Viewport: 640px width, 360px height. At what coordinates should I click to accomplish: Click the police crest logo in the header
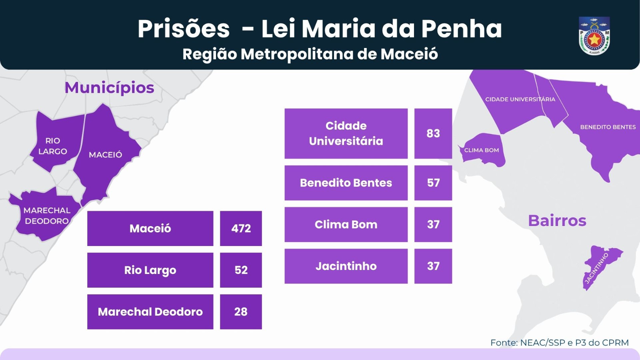(594, 36)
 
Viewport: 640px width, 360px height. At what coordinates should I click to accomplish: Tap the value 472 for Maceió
(241, 228)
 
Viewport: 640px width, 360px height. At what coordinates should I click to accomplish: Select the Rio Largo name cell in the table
(150, 270)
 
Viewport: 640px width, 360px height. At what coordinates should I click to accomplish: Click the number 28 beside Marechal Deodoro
(241, 312)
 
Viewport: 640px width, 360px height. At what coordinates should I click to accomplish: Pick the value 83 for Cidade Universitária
(433, 133)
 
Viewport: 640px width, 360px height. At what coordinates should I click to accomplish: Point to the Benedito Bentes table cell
(346, 183)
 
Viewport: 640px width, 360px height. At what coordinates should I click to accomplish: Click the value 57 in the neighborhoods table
(433, 183)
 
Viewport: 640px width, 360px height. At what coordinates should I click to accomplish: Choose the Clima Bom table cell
(346, 224)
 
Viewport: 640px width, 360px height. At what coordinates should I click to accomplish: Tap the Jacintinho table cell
(346, 266)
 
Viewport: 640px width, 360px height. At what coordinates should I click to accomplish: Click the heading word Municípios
(109, 88)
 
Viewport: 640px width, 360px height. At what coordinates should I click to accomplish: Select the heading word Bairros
(557, 220)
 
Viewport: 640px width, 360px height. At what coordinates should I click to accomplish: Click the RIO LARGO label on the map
(53, 146)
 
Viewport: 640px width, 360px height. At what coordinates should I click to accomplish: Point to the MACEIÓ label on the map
(105, 155)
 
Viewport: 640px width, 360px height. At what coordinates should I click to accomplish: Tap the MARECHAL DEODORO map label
(47, 216)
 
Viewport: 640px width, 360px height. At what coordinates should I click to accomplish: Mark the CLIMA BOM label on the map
(482, 150)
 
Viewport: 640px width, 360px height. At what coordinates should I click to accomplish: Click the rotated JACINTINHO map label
(596, 268)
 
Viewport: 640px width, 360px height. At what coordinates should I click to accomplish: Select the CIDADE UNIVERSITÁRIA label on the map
(520, 99)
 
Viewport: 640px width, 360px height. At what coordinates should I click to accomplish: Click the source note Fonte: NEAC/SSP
(559, 343)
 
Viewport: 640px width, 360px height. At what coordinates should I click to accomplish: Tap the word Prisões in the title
(184, 29)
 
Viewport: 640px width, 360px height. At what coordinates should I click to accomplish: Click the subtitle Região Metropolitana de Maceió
(310, 54)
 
